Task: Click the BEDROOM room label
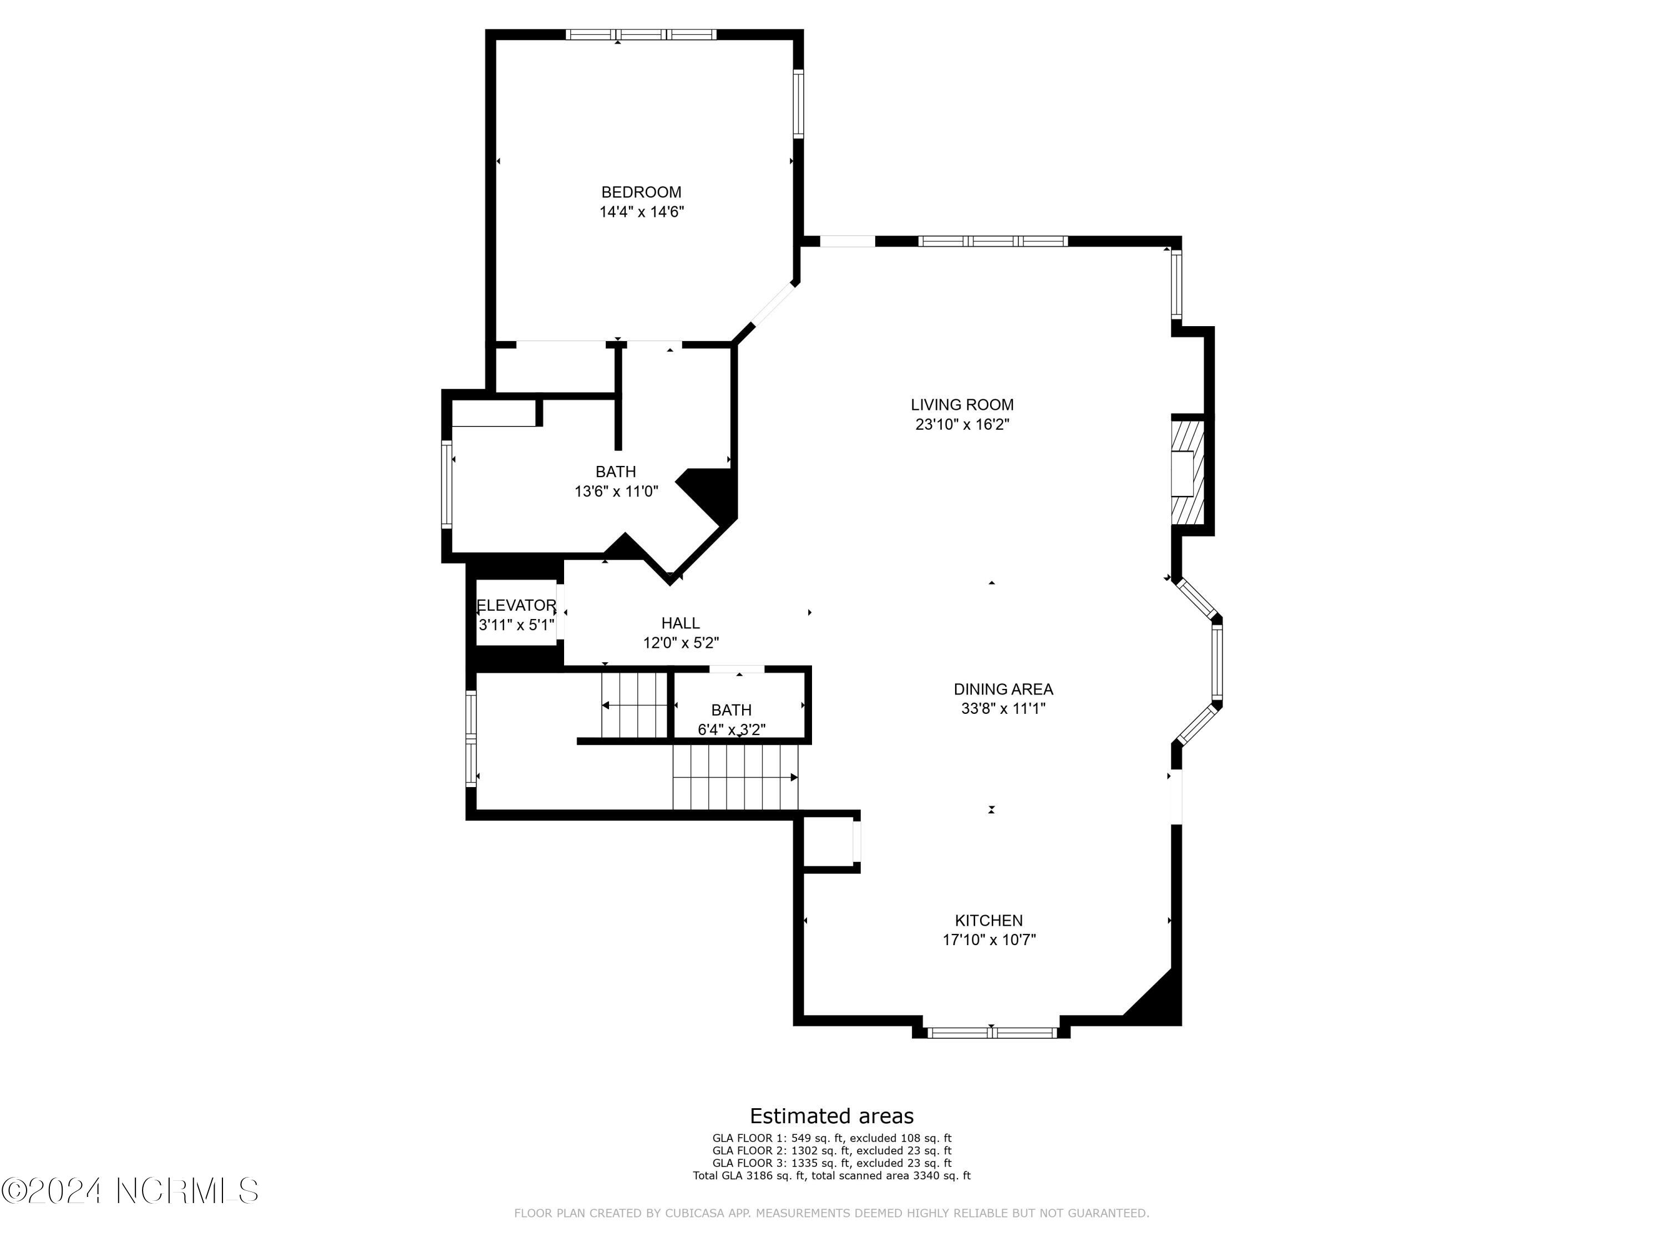[x=641, y=192]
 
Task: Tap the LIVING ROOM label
[x=962, y=405]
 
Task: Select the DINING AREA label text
[x=1003, y=689]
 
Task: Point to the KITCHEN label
[x=988, y=920]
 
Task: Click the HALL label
[x=681, y=623]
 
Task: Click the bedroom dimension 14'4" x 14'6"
[x=642, y=212]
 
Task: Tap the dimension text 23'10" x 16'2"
[x=962, y=424]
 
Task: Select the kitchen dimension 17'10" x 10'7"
[x=989, y=940]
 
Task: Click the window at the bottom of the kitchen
[x=992, y=1033]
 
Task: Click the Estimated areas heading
[x=832, y=1115]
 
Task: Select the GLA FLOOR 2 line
[x=832, y=1150]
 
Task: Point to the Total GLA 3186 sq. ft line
[x=832, y=1175]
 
